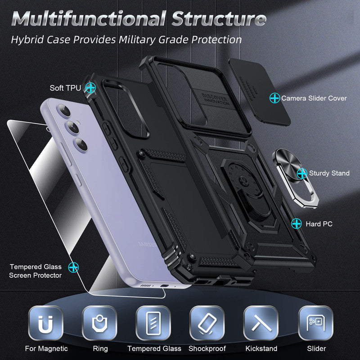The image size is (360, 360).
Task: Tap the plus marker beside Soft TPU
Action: (x=91, y=87)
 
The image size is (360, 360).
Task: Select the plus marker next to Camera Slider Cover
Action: (x=274, y=97)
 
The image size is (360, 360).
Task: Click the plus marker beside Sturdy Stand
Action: (x=302, y=173)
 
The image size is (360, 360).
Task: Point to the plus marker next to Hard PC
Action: (x=297, y=223)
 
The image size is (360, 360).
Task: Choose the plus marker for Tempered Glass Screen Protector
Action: (x=72, y=267)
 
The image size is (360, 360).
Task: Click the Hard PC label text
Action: (x=319, y=223)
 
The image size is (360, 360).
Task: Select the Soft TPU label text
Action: (x=65, y=88)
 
